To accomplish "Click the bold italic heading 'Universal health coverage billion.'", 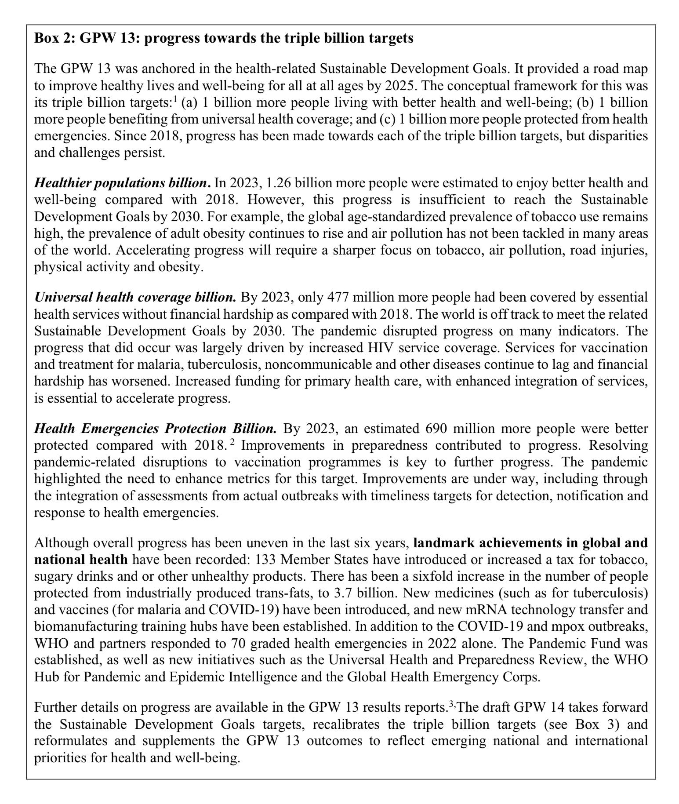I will tap(135, 298).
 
